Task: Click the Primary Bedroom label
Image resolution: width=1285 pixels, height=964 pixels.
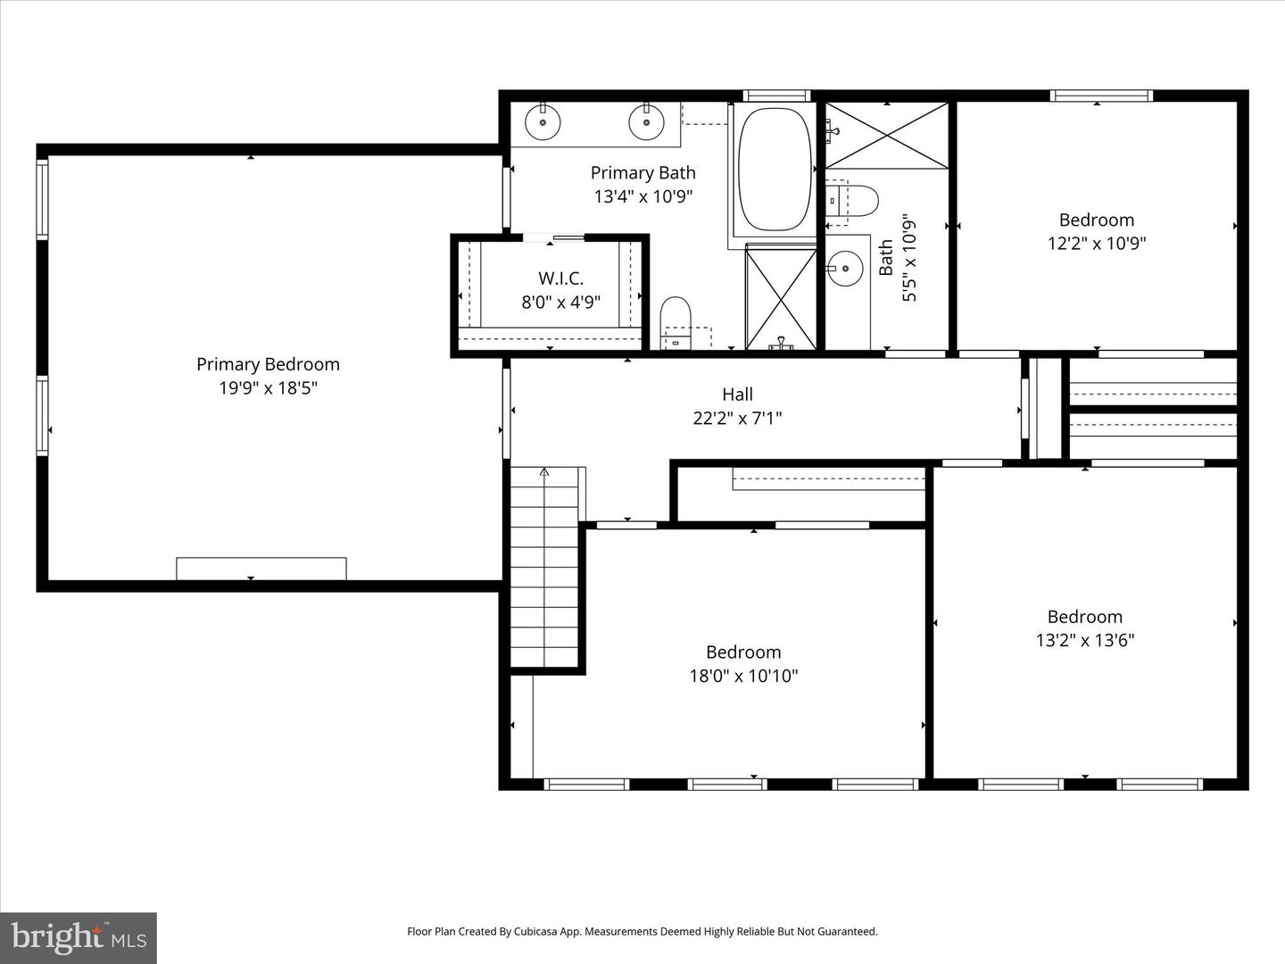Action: pyautogui.click(x=268, y=364)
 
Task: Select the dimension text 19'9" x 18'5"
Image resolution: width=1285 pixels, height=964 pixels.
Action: pyautogui.click(x=268, y=388)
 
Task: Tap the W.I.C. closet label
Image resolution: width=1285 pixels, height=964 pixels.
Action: pyautogui.click(x=560, y=278)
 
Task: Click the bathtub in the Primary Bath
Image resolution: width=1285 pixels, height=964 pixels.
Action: pyautogui.click(x=775, y=170)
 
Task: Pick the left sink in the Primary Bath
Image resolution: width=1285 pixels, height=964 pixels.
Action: pyautogui.click(x=542, y=122)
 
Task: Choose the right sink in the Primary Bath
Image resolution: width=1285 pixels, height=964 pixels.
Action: pyautogui.click(x=645, y=122)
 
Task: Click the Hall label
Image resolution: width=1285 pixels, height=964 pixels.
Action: pyautogui.click(x=737, y=394)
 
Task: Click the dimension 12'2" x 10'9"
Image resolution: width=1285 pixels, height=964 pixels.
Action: pyautogui.click(x=1097, y=243)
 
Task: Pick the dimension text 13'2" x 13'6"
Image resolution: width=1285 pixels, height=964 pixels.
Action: pyautogui.click(x=1084, y=640)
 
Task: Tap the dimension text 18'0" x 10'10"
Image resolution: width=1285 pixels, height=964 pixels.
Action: pyautogui.click(x=743, y=676)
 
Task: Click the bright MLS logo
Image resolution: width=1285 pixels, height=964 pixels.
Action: pyautogui.click(x=78, y=937)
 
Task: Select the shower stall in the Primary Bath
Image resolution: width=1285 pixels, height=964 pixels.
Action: pyautogui.click(x=781, y=298)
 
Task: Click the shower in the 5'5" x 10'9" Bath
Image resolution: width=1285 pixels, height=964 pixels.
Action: pyautogui.click(x=886, y=135)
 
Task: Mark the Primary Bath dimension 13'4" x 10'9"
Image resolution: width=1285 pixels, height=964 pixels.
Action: pyautogui.click(x=642, y=196)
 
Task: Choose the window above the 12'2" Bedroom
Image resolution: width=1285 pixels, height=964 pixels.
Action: pyautogui.click(x=1101, y=96)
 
